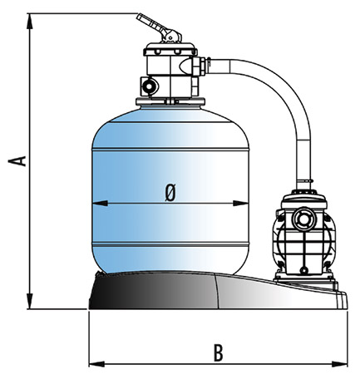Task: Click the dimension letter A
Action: [17, 161]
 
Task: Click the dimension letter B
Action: [219, 352]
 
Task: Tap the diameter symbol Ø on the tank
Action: [170, 193]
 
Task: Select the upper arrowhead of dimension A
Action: [30, 21]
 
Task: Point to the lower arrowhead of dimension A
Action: [30, 301]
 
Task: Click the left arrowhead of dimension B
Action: [96, 364]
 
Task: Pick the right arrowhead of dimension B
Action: [339, 364]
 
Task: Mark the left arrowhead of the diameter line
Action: [100, 204]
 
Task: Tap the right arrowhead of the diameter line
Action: [241, 204]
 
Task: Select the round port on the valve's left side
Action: [149, 86]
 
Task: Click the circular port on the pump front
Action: [304, 219]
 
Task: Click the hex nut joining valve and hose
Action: [200, 66]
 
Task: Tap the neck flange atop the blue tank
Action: [170, 101]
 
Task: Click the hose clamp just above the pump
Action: [303, 181]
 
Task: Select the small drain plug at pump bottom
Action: [304, 270]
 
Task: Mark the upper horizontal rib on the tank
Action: [170, 150]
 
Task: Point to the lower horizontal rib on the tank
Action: [170, 244]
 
